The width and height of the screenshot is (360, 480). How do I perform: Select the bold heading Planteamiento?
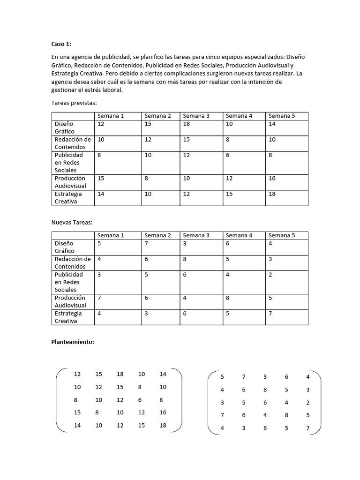(73, 342)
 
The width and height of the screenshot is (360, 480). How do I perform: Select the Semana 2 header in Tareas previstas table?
(157, 116)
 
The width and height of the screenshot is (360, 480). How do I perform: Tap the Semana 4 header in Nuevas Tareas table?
(239, 235)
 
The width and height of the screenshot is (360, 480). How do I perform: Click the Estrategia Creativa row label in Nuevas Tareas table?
(68, 317)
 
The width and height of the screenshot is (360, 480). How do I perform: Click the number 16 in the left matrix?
(163, 412)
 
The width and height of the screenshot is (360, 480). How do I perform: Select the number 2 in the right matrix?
(307, 403)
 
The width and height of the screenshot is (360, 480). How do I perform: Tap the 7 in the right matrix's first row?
(243, 377)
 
